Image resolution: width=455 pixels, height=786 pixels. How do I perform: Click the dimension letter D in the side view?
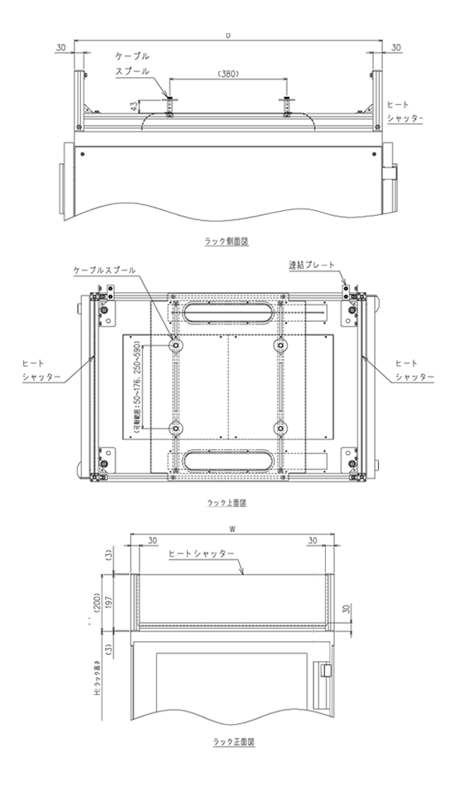point(227,36)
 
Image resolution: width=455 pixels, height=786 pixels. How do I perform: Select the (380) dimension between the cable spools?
point(227,73)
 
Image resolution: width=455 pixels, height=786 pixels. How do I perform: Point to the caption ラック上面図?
point(227,502)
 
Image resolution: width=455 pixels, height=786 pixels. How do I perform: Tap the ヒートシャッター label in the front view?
point(201,554)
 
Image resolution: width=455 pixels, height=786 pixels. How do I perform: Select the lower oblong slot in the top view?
point(227,459)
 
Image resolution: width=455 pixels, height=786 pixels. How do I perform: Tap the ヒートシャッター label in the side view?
point(405,112)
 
